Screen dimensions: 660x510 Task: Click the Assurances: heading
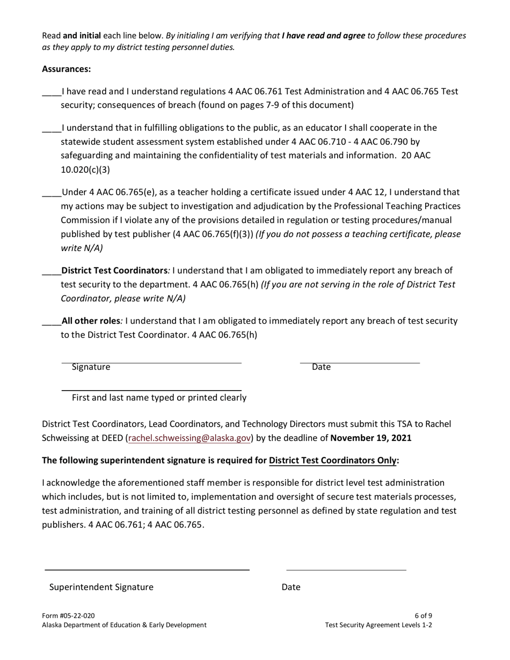[x=67, y=69]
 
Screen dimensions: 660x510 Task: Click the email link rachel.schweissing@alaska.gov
[x=190, y=438]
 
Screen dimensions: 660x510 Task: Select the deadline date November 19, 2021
[x=371, y=438]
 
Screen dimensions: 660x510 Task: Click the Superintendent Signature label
[x=101, y=587]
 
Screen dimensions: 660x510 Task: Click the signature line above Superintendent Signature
[x=147, y=570]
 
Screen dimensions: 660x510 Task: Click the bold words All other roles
[x=90, y=321]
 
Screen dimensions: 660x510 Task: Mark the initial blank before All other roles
[x=52, y=322]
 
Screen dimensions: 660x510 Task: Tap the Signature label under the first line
[x=91, y=367]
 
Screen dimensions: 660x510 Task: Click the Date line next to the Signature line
[x=360, y=363]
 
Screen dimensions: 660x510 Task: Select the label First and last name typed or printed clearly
[x=159, y=398]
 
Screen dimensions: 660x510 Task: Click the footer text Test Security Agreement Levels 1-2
[x=378, y=625]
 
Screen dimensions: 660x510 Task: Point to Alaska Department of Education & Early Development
[x=124, y=625]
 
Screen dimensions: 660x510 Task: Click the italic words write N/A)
[x=82, y=248]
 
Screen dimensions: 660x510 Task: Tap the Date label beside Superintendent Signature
[x=291, y=587]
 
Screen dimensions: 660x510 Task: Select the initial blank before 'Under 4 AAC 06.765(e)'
[x=52, y=193]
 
